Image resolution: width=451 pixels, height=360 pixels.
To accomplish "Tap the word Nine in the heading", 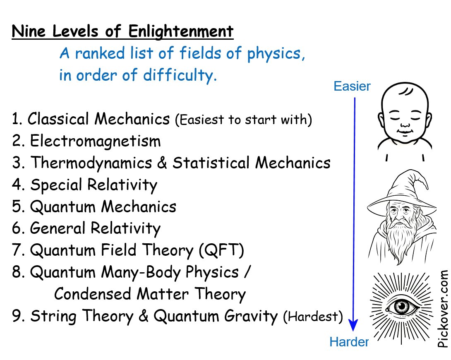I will [x=26, y=31].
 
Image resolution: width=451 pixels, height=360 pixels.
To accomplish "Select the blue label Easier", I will [x=352, y=86].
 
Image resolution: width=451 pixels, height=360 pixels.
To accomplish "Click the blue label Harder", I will [x=348, y=342].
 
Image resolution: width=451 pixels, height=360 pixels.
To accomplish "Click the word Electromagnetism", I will [x=95, y=142].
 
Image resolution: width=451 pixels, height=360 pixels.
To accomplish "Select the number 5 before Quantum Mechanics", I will [x=17, y=206].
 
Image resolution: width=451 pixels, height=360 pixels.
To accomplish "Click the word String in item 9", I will [x=51, y=317].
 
